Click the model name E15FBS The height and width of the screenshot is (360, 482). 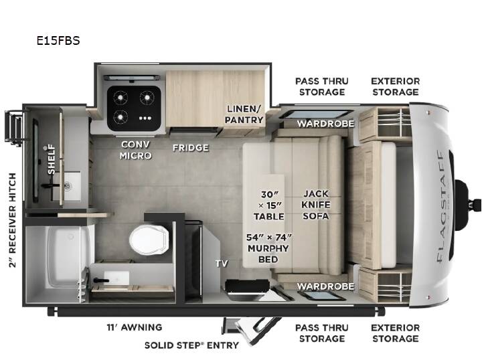pos(58,41)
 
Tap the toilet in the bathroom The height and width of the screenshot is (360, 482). pos(149,240)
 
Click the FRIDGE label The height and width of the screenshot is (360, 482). pos(191,148)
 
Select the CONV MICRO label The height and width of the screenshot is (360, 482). pos(135,150)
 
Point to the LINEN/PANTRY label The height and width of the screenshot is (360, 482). pos(244,114)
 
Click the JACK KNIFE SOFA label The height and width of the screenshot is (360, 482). pos(316,205)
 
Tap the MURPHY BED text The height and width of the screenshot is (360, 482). pos(268,254)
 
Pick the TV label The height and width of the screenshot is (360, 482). pos(222,263)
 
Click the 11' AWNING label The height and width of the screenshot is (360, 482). pos(135,327)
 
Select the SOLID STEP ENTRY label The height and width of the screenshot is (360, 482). pos(191,345)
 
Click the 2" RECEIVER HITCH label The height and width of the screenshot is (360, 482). pos(12,220)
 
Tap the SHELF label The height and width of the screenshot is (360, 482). pos(52,159)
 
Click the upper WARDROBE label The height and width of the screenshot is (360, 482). pos(325,124)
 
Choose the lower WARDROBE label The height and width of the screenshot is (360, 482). pos(325,286)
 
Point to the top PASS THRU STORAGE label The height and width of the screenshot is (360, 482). pos(322,86)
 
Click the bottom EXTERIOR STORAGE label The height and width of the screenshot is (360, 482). pos(396,333)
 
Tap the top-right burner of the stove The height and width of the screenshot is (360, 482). pos(147,98)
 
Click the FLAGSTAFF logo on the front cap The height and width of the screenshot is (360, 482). pos(442,207)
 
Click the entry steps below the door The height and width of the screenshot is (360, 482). pos(252,331)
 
